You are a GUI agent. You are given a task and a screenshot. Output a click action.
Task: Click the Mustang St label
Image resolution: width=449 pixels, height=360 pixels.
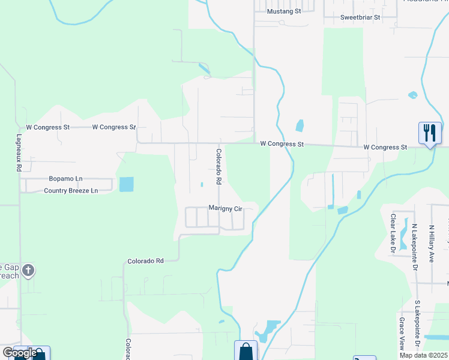pos(283,11)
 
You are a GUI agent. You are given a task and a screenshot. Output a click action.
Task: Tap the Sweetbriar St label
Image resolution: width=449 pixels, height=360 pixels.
pos(360,17)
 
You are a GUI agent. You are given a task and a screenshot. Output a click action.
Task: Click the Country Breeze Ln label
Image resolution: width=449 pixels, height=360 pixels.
pos(70,191)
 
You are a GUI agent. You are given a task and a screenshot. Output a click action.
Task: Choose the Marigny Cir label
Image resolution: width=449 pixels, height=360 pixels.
pos(225,208)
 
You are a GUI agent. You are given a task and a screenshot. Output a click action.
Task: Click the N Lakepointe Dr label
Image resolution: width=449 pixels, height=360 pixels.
pos(415,247)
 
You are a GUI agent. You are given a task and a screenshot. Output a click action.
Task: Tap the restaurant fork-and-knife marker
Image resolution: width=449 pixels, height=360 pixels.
pos(430,132)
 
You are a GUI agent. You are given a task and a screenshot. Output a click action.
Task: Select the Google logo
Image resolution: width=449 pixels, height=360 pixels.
pos(19,352)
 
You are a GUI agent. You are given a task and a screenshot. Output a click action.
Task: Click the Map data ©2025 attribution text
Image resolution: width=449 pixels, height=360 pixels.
pos(423,355)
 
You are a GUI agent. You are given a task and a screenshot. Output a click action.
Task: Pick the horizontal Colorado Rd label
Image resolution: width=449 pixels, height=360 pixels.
pos(145,261)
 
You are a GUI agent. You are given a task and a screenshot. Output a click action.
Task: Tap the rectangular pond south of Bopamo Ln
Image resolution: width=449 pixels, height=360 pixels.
pos(127,184)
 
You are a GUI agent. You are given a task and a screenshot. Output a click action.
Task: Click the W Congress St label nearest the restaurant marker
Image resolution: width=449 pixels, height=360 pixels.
pos(385,147)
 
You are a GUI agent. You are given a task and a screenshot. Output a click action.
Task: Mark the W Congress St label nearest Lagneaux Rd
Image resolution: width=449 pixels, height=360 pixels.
pos(48,127)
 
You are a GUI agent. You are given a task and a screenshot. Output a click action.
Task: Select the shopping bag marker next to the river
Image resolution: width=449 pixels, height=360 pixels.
pos(246,350)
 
